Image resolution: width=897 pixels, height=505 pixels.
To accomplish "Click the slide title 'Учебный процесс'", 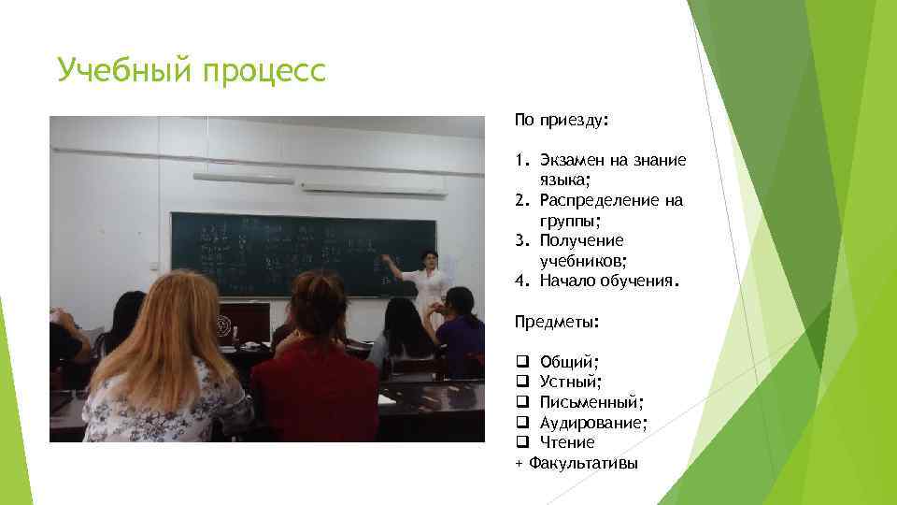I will pyautogui.click(x=192, y=70).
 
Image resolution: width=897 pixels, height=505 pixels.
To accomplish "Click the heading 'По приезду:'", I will pyautogui.click(x=561, y=121).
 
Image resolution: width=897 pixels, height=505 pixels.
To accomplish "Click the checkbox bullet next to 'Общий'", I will pyautogui.click(x=520, y=362).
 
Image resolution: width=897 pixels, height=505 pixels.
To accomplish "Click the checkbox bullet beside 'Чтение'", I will pyautogui.click(x=520, y=442).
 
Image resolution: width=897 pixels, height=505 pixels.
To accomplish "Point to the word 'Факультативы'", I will pyautogui.click(x=583, y=463).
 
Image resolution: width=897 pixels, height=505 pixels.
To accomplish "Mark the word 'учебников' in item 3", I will pyautogui.click(x=583, y=261).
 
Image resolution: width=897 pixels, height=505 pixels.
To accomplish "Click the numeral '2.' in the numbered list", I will pyautogui.click(x=520, y=201).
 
